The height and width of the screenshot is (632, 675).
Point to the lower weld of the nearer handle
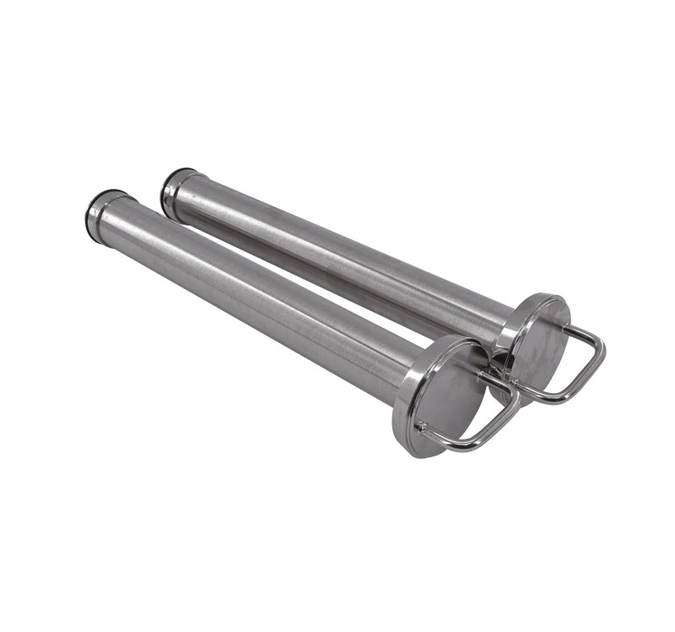421,427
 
